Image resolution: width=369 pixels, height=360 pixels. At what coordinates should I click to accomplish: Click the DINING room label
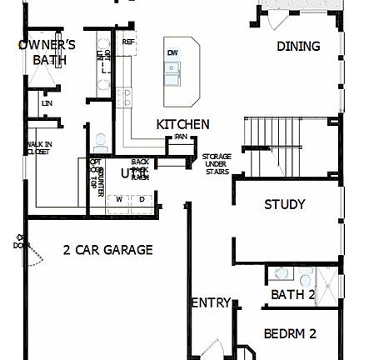[298, 47]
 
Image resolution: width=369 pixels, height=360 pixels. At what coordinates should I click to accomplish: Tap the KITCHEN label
[182, 124]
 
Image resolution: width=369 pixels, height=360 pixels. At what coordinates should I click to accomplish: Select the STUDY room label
[284, 204]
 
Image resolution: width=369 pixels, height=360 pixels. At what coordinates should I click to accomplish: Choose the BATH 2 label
[292, 294]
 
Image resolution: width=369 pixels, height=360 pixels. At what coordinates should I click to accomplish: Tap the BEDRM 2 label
[290, 333]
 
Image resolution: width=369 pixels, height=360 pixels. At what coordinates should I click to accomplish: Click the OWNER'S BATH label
[47, 52]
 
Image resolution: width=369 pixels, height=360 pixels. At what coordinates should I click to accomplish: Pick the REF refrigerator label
[128, 41]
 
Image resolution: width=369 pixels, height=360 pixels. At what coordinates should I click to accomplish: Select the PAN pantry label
[179, 137]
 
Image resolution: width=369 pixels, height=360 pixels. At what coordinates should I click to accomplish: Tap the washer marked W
[119, 198]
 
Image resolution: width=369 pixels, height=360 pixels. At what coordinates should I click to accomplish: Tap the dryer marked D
[142, 198]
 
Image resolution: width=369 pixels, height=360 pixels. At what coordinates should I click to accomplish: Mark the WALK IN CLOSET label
[37, 147]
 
